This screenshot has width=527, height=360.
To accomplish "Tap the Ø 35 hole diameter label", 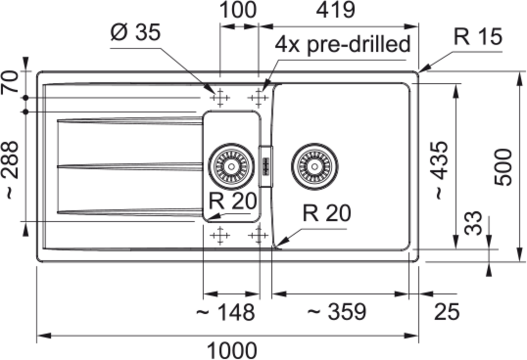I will [135, 32].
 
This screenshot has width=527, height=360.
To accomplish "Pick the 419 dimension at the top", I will [335, 10].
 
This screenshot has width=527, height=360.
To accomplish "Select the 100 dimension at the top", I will [238, 10].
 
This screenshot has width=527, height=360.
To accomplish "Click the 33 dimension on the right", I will [474, 223].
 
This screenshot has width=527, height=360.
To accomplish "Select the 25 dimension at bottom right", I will [447, 312].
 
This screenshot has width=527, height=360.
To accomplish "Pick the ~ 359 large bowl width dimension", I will [336, 312].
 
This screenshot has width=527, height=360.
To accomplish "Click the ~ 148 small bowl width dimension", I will [225, 313].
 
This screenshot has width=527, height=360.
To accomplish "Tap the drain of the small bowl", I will [231, 167].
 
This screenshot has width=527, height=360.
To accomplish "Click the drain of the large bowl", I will [314, 167].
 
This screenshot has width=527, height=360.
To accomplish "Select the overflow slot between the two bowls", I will [266, 167].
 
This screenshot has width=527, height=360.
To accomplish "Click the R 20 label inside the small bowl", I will [233, 201].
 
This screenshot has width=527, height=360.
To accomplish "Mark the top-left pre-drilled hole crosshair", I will [220, 98].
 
